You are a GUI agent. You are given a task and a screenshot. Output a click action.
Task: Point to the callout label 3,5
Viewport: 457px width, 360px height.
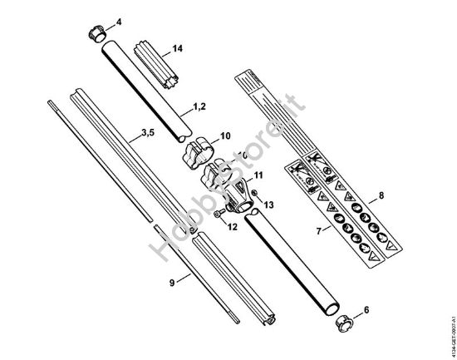coord(146,132)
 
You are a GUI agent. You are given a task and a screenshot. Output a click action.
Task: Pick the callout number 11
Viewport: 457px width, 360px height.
coord(258,175)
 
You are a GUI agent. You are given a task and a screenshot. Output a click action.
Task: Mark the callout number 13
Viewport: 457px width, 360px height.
coord(268,204)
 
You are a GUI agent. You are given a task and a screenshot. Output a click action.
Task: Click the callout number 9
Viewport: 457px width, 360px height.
coord(172,283)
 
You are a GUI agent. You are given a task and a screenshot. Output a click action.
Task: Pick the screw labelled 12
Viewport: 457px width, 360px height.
coord(218,215)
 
